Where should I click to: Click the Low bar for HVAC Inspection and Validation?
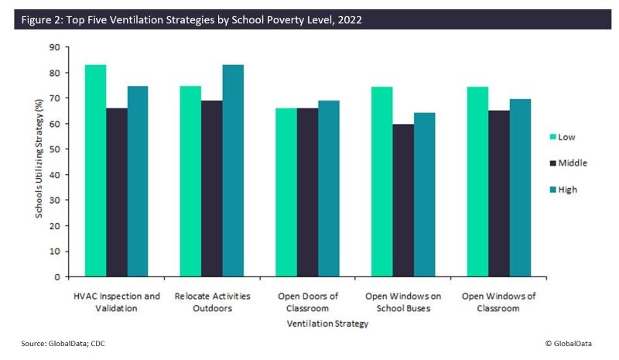point(96,170)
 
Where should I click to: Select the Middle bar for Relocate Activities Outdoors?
point(213,188)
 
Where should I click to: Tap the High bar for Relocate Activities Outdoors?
point(234,170)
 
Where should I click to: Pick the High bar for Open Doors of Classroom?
point(329,188)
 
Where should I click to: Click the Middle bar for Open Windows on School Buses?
point(403,200)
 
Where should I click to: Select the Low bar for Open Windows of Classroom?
point(477,181)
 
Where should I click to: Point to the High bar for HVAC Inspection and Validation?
point(139,181)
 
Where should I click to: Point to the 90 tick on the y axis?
point(55,47)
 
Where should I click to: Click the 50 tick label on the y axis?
point(55,149)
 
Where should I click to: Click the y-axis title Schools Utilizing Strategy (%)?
point(39,161)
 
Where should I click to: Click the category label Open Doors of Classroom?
point(307,301)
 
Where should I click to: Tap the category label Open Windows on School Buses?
point(403,301)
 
